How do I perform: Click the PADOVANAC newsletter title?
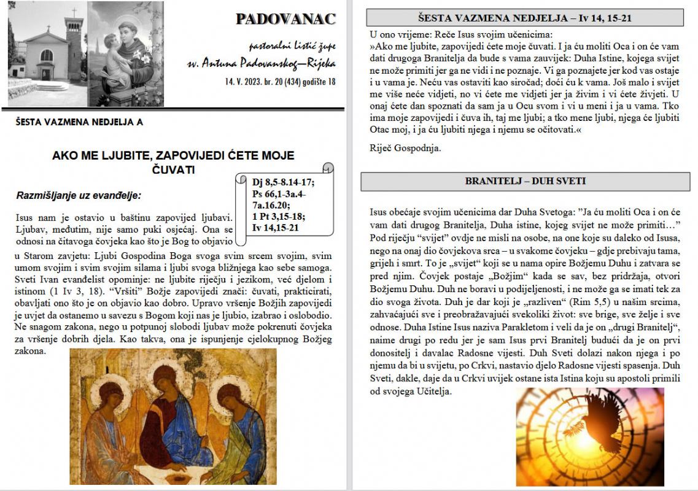point(285,19)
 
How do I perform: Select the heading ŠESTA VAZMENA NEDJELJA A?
point(80,122)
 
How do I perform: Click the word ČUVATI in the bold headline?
point(173,169)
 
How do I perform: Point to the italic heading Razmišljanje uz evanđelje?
point(79,196)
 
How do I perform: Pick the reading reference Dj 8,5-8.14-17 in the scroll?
point(283,182)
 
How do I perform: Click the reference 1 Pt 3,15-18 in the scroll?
point(278,217)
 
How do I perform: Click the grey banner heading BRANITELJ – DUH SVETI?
point(525,182)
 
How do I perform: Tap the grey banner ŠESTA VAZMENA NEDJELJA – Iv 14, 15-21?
point(525,18)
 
